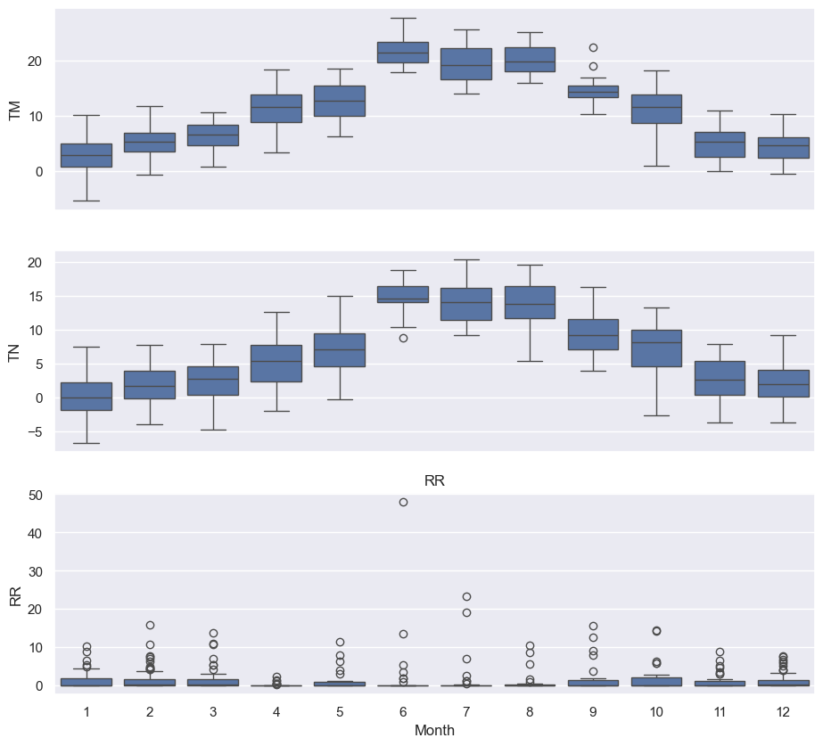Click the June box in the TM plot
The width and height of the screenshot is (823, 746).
403,53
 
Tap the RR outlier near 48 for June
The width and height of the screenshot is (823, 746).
403,502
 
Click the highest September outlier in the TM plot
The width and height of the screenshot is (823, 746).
593,47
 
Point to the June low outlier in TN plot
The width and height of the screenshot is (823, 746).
403,338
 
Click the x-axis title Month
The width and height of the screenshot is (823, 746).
434,731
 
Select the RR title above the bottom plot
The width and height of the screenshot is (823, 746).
434,481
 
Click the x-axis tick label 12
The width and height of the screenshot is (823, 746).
783,710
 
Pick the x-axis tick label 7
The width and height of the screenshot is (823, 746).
466,710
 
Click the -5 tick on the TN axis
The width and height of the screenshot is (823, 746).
36,432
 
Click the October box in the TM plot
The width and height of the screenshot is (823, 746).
656,109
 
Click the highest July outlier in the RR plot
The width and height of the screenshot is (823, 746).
466,596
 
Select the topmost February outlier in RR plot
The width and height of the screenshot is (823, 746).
150,625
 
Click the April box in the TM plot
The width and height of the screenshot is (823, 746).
276,108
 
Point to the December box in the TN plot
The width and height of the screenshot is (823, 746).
783,383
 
